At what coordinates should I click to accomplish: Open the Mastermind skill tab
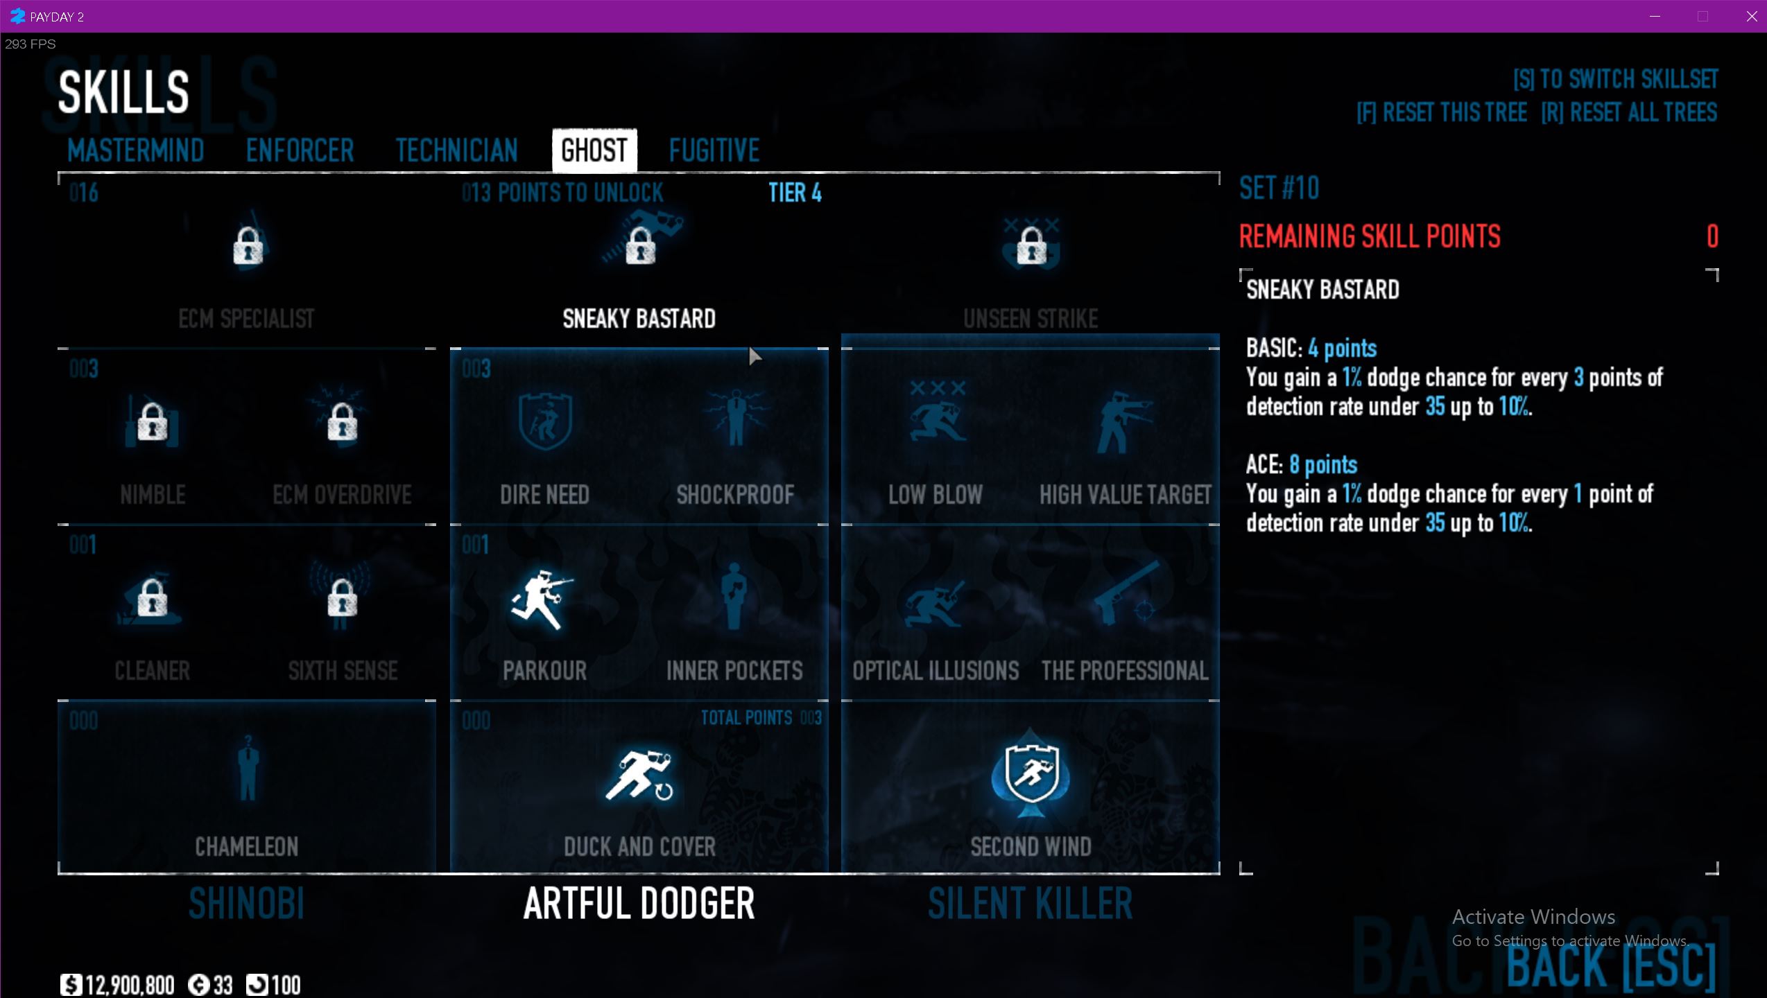click(x=136, y=150)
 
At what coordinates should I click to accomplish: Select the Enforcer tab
click(x=300, y=150)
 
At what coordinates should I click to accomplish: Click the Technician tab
click(x=456, y=150)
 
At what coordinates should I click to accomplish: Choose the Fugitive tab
click(x=714, y=150)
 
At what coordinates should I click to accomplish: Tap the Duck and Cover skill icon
click(x=639, y=775)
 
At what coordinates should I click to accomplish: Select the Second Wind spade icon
click(x=1031, y=773)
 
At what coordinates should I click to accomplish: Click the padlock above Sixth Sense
click(x=342, y=597)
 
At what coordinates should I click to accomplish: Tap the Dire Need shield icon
click(x=545, y=420)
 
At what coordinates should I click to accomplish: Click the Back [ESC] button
click(x=1610, y=966)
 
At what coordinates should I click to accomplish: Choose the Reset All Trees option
click(x=1629, y=112)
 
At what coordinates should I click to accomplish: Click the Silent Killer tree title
click(x=1031, y=904)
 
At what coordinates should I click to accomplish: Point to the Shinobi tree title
click(x=247, y=904)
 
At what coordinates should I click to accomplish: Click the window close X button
click(x=1751, y=17)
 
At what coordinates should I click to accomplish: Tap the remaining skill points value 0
click(x=1712, y=237)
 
